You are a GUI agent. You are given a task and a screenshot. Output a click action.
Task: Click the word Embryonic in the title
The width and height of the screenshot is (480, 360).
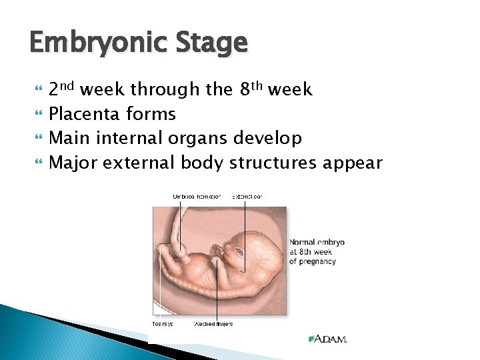(x=89, y=44)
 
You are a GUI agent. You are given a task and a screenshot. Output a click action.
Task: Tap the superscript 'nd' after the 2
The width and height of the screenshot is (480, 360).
(x=69, y=85)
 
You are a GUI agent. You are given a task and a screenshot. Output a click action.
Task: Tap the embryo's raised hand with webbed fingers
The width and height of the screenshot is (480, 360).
(x=217, y=251)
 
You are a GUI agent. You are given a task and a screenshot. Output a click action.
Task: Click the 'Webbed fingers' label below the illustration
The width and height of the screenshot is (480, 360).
(x=213, y=324)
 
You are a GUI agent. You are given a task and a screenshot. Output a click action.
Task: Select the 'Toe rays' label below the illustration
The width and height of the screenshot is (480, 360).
(x=162, y=324)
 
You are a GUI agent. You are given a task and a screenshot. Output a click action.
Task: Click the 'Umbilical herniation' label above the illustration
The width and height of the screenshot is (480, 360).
(x=196, y=197)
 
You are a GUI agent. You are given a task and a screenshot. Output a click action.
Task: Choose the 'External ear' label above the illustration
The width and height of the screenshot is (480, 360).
(x=247, y=197)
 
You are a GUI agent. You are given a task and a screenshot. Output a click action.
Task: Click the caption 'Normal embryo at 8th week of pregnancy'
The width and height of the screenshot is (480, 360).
(x=316, y=251)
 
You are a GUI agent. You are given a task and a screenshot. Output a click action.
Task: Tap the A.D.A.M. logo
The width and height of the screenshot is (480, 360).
(x=327, y=339)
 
